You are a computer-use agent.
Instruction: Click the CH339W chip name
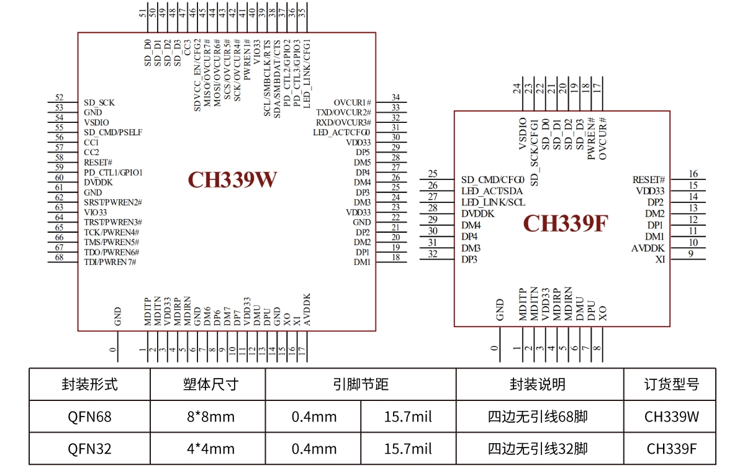point(232,179)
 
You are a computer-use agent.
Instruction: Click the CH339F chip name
point(564,223)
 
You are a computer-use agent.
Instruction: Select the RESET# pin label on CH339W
point(98,162)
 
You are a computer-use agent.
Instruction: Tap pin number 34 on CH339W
point(395,97)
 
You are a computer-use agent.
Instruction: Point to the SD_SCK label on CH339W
point(99,102)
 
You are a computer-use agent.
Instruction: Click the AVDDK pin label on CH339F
point(648,248)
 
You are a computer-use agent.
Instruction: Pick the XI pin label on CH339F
point(660,259)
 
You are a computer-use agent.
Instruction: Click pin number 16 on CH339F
point(693,174)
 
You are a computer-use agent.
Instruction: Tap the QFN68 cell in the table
point(89,416)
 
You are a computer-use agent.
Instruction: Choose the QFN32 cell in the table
point(89,449)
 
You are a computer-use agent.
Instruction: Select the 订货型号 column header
point(671,384)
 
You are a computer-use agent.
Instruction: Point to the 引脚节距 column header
point(361,384)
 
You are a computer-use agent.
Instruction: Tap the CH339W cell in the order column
point(671,416)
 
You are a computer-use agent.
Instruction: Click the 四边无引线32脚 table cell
point(538,449)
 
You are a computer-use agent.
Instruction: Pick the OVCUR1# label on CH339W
point(352,102)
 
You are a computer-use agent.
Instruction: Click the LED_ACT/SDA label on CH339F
point(492,191)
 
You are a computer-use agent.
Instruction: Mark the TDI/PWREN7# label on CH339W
point(110,262)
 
